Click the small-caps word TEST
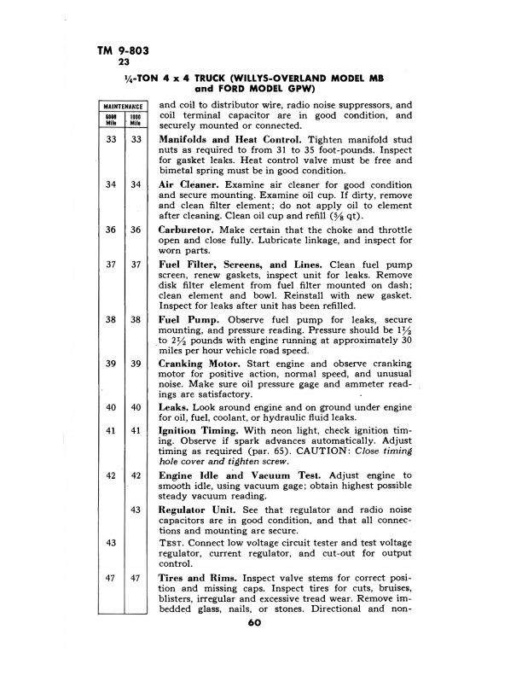click(174, 543)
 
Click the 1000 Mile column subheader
click(136, 118)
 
